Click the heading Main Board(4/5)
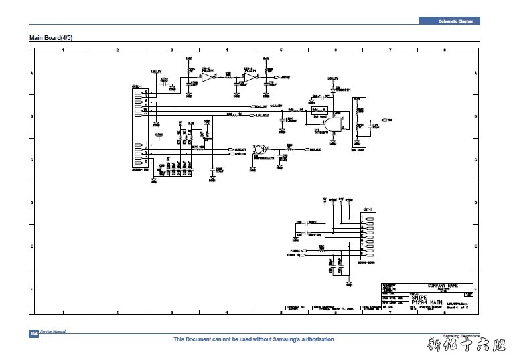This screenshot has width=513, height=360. click(50, 37)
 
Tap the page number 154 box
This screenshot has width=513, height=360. click(33, 334)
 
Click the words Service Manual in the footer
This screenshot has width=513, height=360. click(53, 332)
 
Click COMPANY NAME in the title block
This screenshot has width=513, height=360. click(443, 286)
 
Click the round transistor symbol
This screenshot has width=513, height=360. click(261, 149)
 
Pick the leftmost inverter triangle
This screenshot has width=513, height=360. click(207, 78)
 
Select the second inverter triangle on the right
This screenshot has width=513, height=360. click(249, 78)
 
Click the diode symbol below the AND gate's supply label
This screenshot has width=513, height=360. click(332, 90)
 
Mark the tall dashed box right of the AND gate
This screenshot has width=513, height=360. click(360, 120)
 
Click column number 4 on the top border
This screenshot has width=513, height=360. click(226, 50)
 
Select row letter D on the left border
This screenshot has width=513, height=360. click(31, 203)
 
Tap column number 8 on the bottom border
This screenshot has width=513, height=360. click(443, 312)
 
